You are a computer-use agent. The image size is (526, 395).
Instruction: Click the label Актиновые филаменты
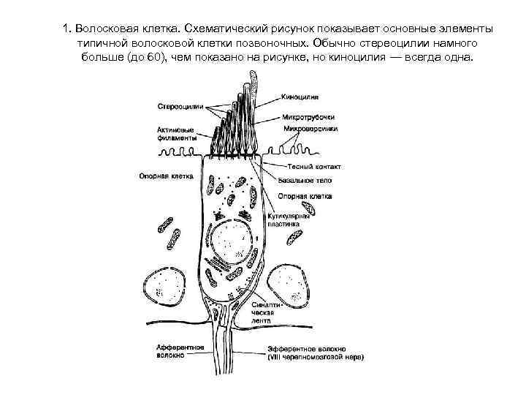176,133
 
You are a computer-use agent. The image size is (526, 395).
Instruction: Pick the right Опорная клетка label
305,196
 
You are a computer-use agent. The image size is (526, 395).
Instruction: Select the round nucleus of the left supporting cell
167,287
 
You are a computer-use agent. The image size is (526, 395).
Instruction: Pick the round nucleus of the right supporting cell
290,287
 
